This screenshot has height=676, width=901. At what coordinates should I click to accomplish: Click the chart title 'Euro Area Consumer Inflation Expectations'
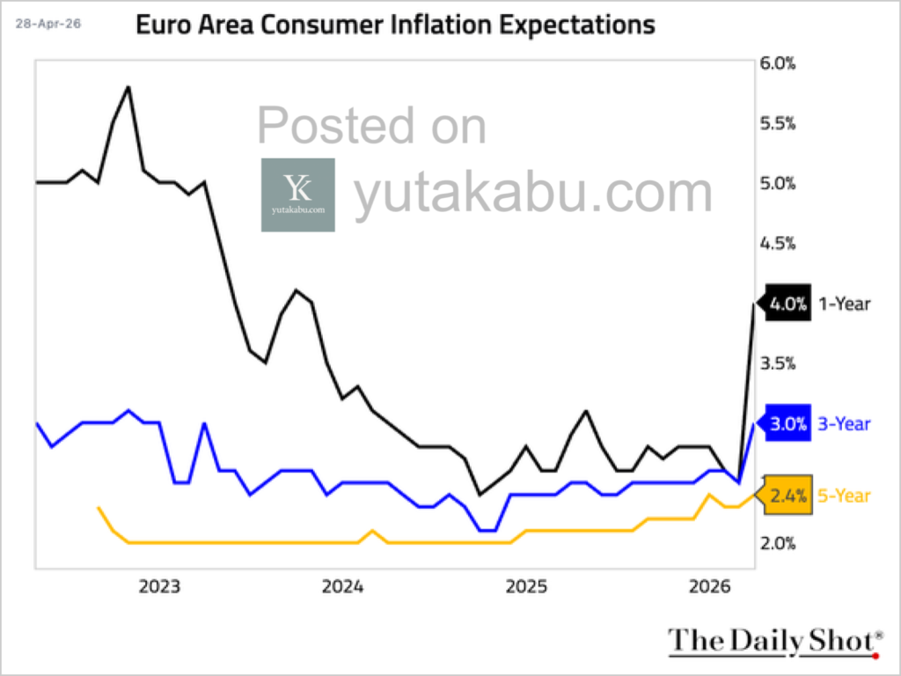[x=394, y=25]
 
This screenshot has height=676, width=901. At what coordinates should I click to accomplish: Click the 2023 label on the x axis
[x=159, y=587]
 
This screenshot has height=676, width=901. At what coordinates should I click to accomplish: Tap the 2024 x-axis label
[x=342, y=587]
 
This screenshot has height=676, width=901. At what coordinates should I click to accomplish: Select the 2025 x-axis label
[x=526, y=587]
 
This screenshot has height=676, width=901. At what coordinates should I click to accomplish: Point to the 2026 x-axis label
[x=709, y=587]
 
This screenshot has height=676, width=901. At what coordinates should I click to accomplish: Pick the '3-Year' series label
[x=844, y=423]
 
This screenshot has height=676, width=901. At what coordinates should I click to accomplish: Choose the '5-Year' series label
[x=844, y=496]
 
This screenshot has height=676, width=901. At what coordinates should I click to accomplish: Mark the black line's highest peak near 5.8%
[x=128, y=87]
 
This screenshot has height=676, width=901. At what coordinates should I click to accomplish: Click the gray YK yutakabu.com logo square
[x=297, y=195]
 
